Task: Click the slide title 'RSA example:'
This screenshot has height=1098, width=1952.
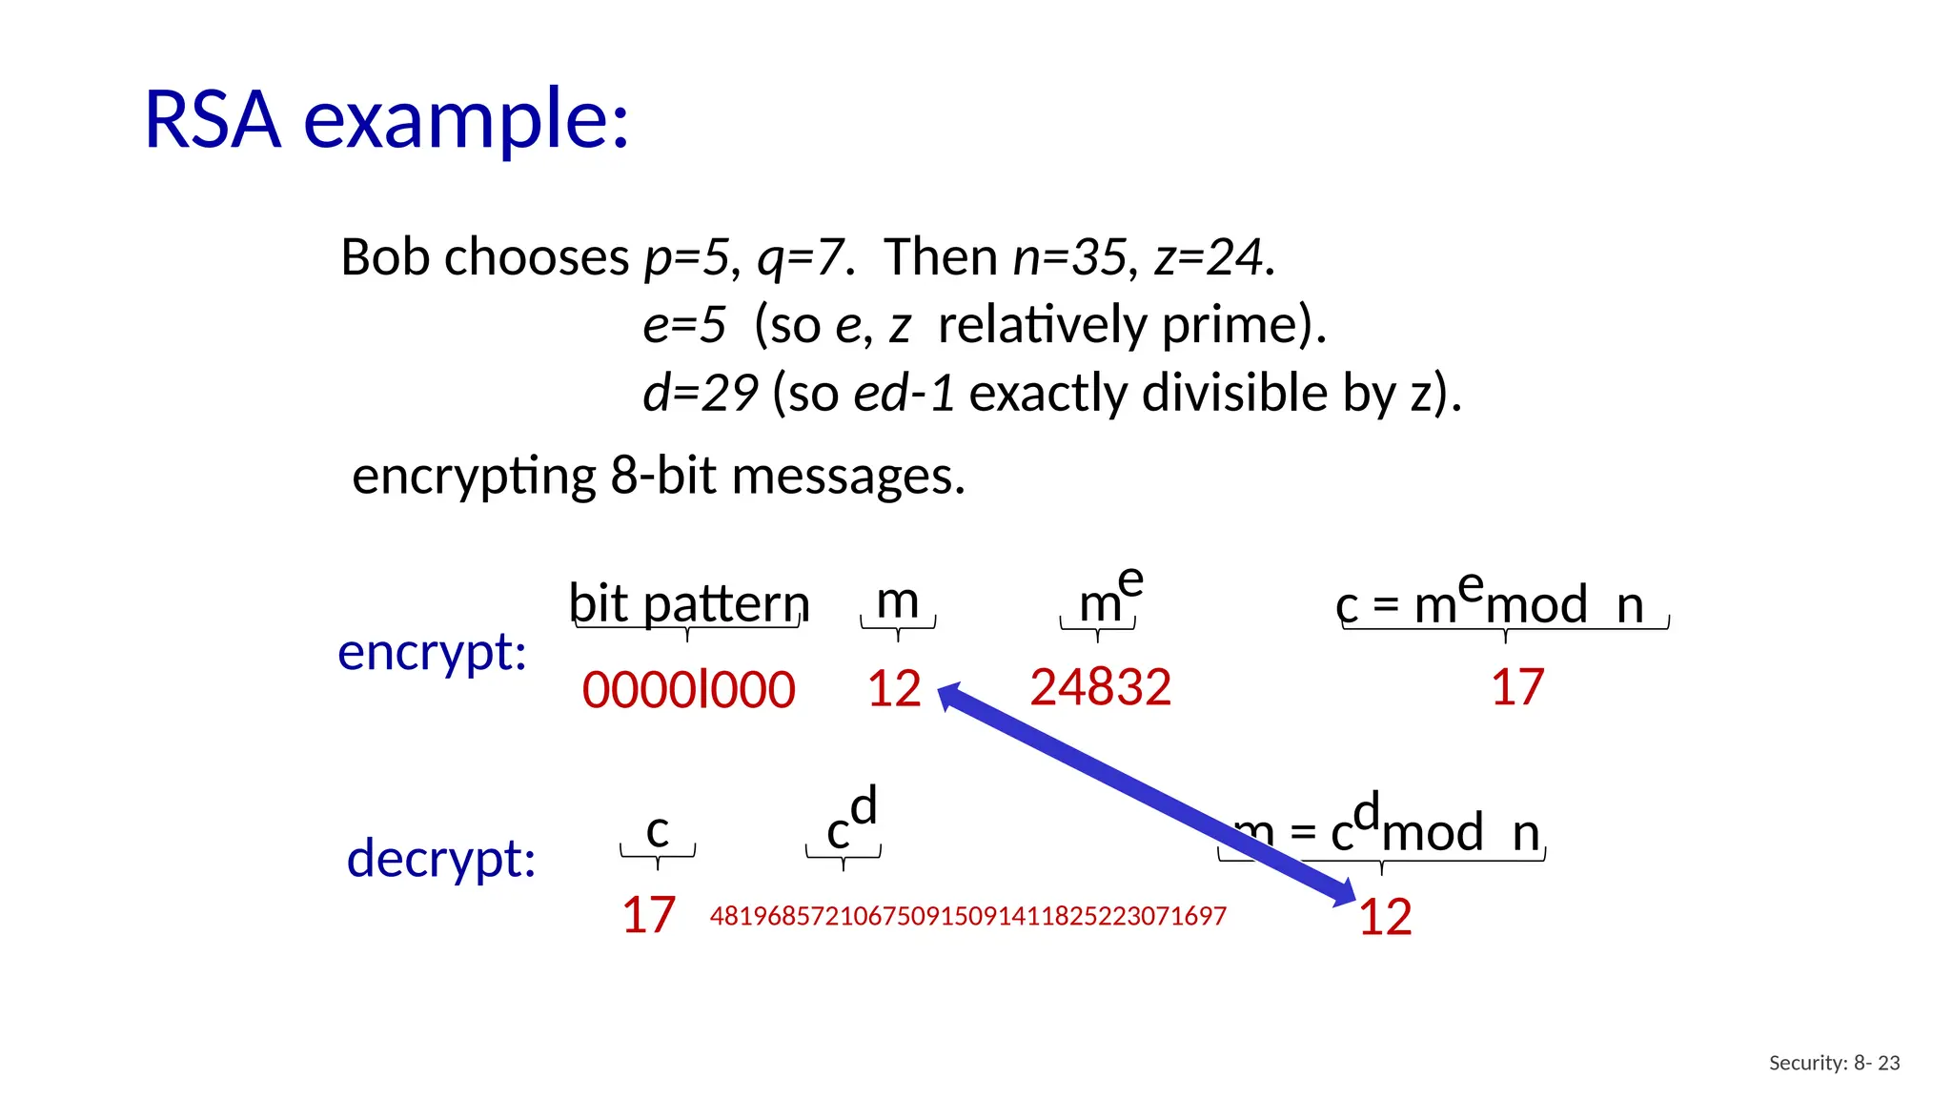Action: click(x=386, y=121)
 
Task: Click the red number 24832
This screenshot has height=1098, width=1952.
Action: click(x=1100, y=687)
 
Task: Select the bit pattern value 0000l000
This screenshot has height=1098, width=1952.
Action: click(x=688, y=690)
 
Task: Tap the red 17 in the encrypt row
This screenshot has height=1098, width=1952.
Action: click(x=1516, y=687)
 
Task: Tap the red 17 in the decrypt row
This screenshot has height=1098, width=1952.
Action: click(x=648, y=915)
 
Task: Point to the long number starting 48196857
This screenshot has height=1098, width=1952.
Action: click(x=967, y=916)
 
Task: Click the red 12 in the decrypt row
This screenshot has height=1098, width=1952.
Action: click(x=1385, y=918)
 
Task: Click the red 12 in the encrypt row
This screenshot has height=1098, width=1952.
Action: click(x=894, y=688)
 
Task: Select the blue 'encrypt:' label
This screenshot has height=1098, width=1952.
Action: click(x=432, y=653)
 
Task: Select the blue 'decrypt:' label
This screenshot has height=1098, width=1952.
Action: click(x=440, y=859)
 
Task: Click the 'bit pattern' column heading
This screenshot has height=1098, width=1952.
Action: click(x=688, y=603)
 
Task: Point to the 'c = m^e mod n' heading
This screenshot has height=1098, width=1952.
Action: click(x=1503, y=604)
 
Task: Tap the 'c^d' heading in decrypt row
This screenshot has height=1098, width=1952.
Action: click(x=851, y=820)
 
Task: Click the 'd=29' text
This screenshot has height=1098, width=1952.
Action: click(x=700, y=393)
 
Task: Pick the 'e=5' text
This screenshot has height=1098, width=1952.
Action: click(x=684, y=325)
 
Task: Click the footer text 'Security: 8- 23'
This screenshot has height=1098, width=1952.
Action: click(x=1834, y=1063)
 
